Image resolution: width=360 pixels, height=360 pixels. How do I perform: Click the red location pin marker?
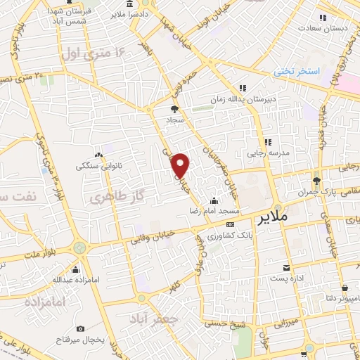point(181,165)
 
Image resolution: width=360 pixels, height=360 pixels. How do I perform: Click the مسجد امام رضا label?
point(215,211)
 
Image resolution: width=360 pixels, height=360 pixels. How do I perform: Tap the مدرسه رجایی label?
point(267,153)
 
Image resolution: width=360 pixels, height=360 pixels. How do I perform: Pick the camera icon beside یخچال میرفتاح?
point(81,329)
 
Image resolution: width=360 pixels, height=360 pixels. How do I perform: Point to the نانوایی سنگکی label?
point(98,167)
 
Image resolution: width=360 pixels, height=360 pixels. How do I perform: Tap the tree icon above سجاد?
point(174,108)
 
